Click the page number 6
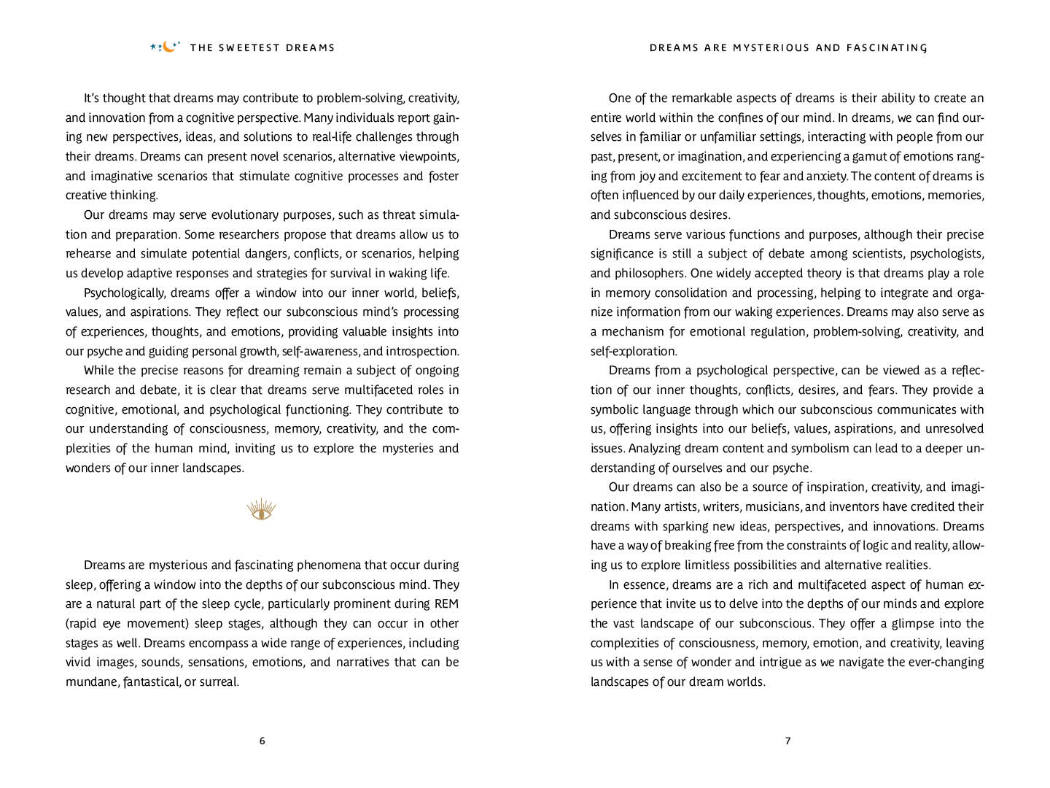(x=262, y=741)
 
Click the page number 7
(x=787, y=741)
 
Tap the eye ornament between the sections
(x=261, y=509)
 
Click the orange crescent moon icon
(x=169, y=47)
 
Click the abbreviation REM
(x=446, y=604)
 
